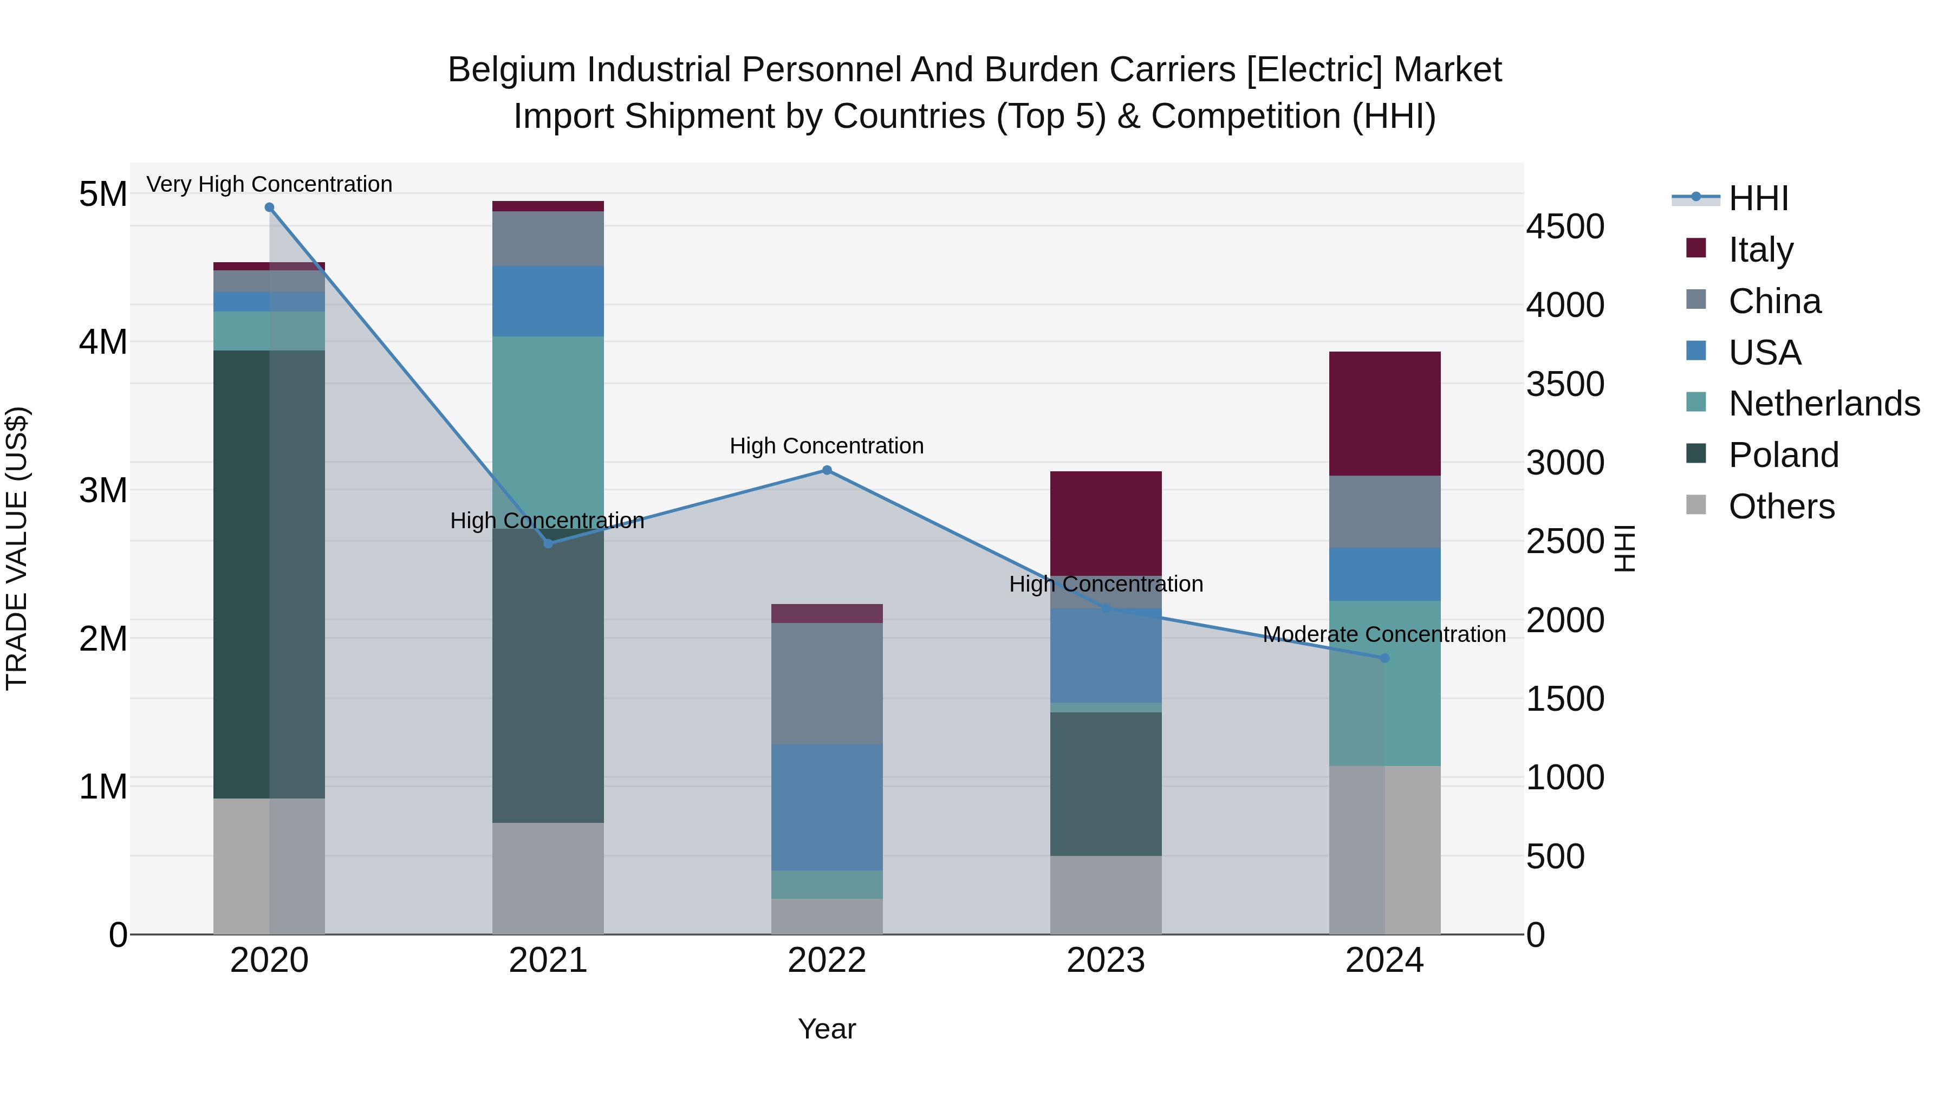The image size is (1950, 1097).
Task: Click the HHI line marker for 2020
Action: (270, 207)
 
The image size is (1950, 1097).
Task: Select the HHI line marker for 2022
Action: (827, 470)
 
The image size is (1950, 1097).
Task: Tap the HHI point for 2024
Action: (1384, 658)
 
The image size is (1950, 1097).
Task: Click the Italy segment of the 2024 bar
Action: (1384, 413)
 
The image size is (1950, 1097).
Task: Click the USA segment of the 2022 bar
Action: (827, 807)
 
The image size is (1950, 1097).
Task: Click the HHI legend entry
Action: (1758, 198)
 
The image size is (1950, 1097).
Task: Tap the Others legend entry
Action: (1780, 506)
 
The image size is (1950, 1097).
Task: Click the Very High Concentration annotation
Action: (270, 185)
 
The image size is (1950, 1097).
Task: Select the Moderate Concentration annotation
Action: (1384, 634)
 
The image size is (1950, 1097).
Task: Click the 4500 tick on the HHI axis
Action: (1565, 227)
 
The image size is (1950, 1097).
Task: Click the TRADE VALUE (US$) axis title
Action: (17, 548)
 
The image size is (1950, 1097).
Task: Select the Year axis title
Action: (827, 1029)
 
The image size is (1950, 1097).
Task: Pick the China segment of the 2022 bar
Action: (827, 683)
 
